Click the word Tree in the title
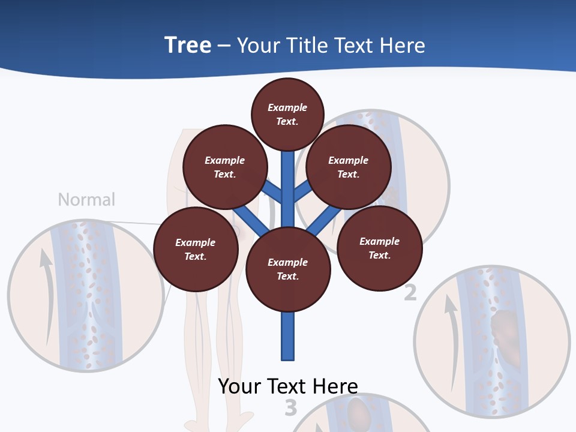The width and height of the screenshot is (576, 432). (188, 46)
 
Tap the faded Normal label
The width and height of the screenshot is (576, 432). (86, 200)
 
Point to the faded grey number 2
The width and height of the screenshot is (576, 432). (410, 293)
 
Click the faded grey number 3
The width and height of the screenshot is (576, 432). (290, 408)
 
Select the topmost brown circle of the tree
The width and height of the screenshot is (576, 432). (287, 114)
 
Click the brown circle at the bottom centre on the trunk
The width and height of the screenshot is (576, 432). (288, 269)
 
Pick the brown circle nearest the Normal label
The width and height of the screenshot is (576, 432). (196, 249)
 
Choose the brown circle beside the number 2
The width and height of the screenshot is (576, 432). (379, 248)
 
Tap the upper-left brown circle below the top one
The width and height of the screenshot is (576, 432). (224, 167)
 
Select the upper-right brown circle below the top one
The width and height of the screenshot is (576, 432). (349, 167)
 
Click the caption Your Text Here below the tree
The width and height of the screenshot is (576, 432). (288, 386)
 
